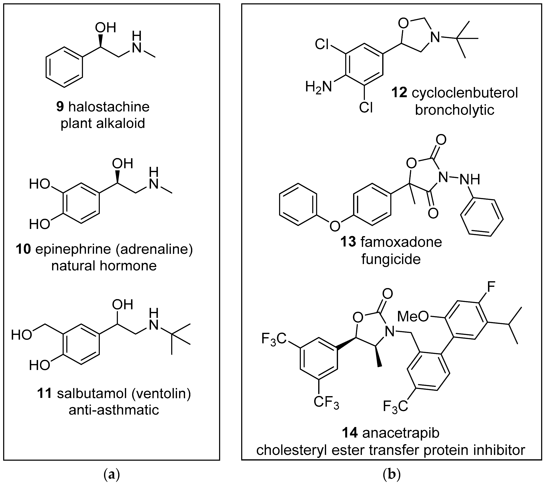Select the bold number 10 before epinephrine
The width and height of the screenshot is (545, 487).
[23, 249]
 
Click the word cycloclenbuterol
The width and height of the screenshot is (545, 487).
[465, 93]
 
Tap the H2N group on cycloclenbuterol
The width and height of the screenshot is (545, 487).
[318, 87]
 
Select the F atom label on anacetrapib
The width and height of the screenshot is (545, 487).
[491, 287]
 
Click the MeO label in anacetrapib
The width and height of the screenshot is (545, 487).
[413, 317]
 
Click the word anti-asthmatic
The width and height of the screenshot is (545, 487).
[114, 410]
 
